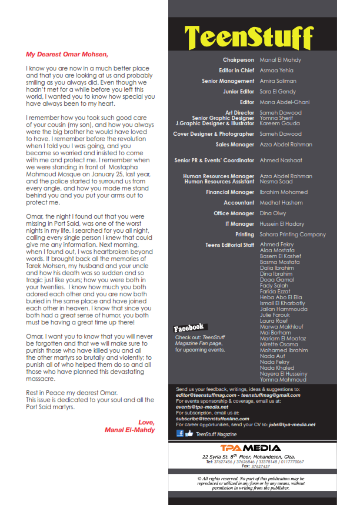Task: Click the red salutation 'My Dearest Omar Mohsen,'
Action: [67, 54]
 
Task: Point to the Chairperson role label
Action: [238, 60]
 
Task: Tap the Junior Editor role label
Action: [239, 92]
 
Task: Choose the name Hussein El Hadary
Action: [282, 224]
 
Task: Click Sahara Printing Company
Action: [292, 235]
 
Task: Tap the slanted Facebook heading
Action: [189, 327]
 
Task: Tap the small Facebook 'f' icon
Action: [180, 433]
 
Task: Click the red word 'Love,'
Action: [146, 422]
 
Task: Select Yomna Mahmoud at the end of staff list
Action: [283, 379]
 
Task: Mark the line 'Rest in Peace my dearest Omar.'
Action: [72, 393]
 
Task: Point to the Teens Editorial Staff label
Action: [230, 245]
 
